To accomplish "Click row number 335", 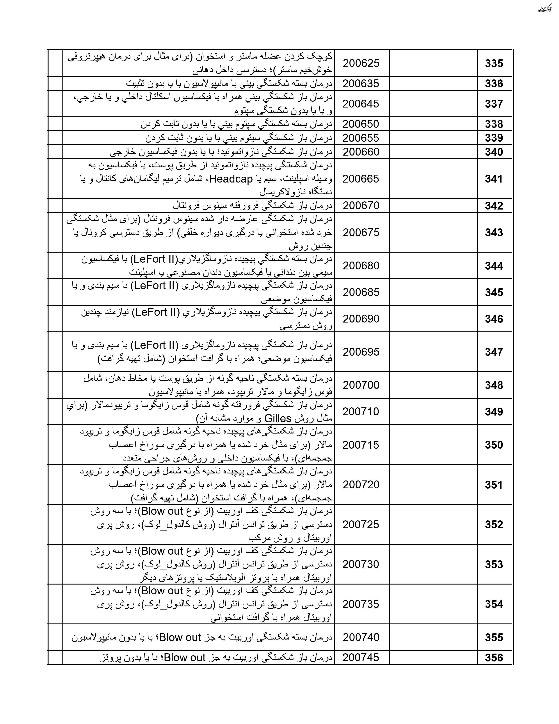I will pos(493,63).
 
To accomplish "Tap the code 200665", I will pos(361,179).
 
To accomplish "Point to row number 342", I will pos(493,206).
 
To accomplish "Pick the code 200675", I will pos(361,232).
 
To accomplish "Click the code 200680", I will pos(361,265).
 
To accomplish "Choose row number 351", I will pos(493,485).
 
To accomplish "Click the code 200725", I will pos(361,524).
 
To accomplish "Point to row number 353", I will pos(493,564).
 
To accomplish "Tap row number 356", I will pos(493,658).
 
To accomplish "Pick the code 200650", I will pos(361,124).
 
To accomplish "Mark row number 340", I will pos(493,152).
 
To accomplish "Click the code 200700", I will pos(361,385).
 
